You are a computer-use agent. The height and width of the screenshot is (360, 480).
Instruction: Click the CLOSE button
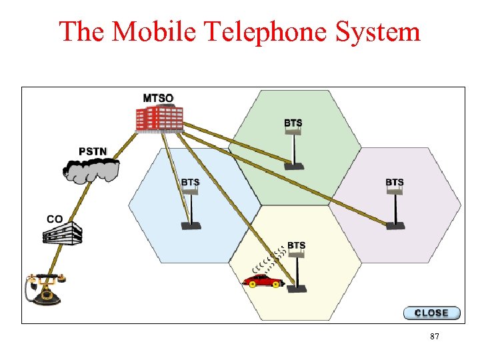[431, 313]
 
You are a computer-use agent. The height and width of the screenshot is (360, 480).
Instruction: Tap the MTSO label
[158, 98]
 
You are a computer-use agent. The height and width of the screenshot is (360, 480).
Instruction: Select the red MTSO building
[159, 119]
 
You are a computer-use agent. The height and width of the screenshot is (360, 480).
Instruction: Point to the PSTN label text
[93, 151]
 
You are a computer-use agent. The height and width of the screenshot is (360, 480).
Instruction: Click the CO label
[55, 219]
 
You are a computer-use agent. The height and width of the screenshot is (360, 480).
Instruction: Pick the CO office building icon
[62, 233]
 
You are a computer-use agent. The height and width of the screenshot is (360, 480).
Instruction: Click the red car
[261, 281]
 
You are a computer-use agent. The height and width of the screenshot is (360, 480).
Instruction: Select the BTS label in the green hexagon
[293, 123]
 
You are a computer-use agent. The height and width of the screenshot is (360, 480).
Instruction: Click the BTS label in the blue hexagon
[190, 182]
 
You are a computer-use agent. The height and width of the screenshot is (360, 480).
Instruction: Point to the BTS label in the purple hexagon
[394, 182]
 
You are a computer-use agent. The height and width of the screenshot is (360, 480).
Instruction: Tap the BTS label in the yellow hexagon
[297, 245]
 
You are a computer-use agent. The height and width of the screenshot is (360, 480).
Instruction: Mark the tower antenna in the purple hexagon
[395, 208]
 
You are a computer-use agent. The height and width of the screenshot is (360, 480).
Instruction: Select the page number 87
[434, 337]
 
